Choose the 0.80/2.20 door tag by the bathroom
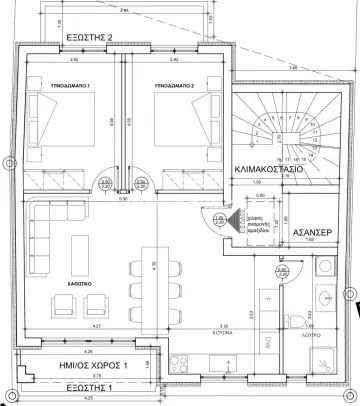click(283, 270)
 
